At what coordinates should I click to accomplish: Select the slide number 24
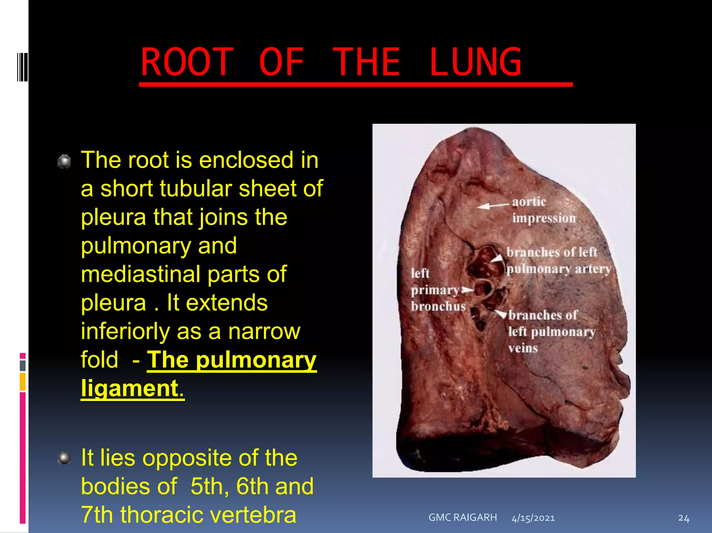pos(683,518)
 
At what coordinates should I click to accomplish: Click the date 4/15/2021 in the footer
pos(533,518)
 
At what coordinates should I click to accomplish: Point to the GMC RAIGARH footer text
pos(462,517)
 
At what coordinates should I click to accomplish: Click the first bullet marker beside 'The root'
pos(64,161)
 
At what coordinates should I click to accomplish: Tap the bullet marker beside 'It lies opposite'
pos(64,458)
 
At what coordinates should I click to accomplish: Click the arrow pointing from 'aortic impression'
pos(493,206)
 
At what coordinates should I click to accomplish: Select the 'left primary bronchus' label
pos(437,290)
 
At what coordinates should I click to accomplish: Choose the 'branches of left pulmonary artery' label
pos(558,260)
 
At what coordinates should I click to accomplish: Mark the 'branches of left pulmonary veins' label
pos(551,332)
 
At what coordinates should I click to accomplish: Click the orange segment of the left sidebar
pos(23,381)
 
